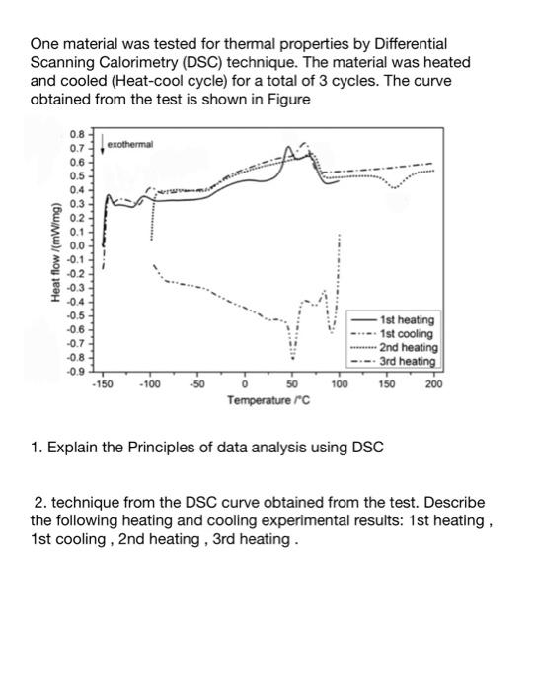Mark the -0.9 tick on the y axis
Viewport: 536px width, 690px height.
(x=76, y=370)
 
